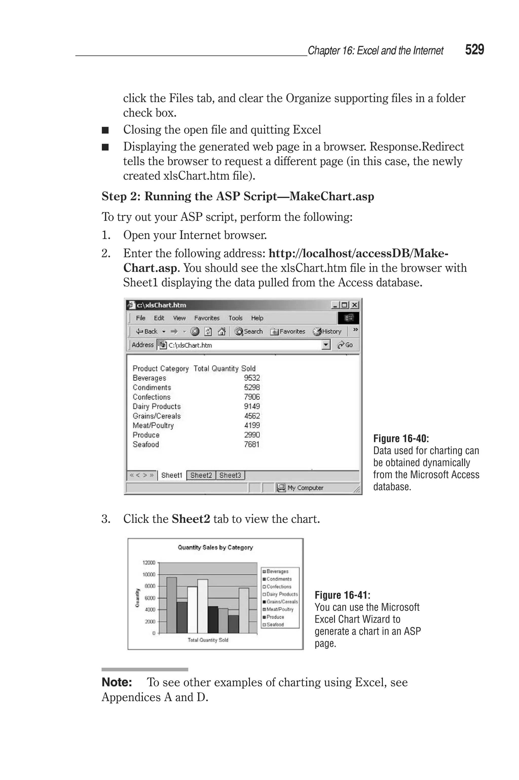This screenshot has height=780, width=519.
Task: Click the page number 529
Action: (x=474, y=50)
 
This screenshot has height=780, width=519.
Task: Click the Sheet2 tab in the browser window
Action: (x=201, y=475)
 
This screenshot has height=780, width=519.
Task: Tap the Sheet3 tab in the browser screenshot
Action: (x=230, y=475)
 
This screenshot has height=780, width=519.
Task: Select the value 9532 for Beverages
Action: (x=252, y=378)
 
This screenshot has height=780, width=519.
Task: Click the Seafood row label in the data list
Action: (x=146, y=445)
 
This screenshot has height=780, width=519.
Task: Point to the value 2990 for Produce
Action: (x=252, y=435)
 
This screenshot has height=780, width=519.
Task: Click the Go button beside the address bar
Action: (x=345, y=345)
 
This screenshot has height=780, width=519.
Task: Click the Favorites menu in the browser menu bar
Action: (x=207, y=318)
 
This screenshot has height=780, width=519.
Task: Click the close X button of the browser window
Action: (x=355, y=305)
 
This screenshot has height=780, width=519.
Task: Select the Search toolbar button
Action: (x=249, y=331)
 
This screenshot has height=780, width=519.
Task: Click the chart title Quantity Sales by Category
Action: (x=215, y=547)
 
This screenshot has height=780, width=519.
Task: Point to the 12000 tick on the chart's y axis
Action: (x=149, y=563)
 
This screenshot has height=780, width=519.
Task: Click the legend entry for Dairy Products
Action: (x=282, y=594)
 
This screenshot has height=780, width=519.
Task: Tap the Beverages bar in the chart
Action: (x=172, y=605)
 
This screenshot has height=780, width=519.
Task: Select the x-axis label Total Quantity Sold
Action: (x=208, y=640)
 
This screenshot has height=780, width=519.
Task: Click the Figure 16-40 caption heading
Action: (x=401, y=439)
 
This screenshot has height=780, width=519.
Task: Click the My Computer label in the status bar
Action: (x=305, y=488)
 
